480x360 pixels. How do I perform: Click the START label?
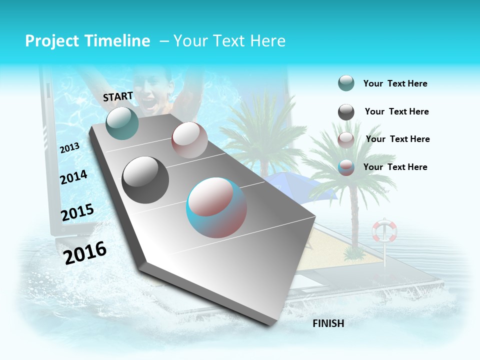click(118, 96)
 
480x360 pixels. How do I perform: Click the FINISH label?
click(328, 323)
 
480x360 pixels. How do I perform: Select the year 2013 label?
click(70, 148)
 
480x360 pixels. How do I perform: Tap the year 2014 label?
click(74, 177)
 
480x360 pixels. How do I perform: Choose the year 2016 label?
click(85, 253)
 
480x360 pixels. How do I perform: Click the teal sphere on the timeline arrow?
click(122, 123)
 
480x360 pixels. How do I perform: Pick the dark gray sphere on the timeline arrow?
click(145, 179)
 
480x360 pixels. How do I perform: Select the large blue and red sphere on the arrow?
click(216, 207)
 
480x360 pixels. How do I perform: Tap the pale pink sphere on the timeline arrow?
click(189, 140)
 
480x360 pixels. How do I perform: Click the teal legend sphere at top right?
click(346, 83)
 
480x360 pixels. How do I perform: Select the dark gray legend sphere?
click(346, 112)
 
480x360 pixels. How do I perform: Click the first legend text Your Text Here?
click(395, 84)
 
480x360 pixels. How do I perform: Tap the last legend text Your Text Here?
click(395, 167)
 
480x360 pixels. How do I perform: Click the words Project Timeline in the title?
click(87, 41)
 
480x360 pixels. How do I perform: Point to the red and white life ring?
click(384, 230)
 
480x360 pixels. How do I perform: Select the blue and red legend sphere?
click(346, 168)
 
